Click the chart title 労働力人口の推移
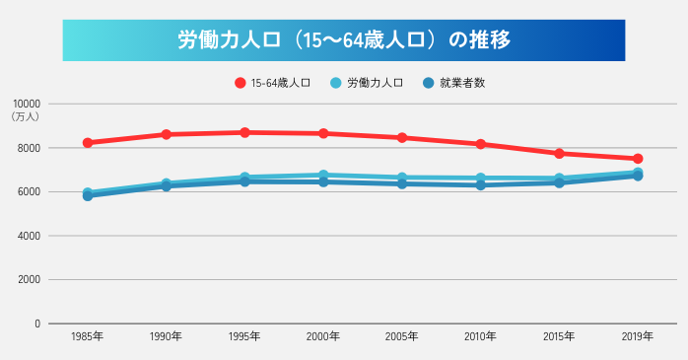(344, 40)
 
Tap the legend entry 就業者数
(462, 83)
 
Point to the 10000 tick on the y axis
(27, 104)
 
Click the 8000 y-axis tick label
(29, 148)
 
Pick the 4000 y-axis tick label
(29, 236)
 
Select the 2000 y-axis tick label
(29, 279)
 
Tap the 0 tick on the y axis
(37, 324)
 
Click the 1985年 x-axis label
(88, 337)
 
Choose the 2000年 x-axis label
(323, 337)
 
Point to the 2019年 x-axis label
(638, 337)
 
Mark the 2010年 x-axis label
(481, 337)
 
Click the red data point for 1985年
(88, 143)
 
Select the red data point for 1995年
(244, 132)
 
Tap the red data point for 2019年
(638, 159)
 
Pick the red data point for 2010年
(481, 144)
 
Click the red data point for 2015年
(559, 154)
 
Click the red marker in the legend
(240, 83)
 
